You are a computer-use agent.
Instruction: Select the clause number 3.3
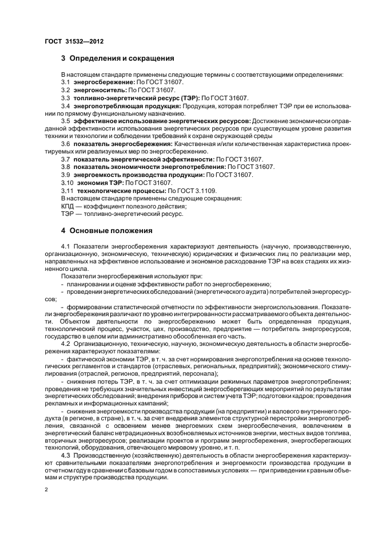click(65, 98)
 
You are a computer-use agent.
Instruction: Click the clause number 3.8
click(65, 167)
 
